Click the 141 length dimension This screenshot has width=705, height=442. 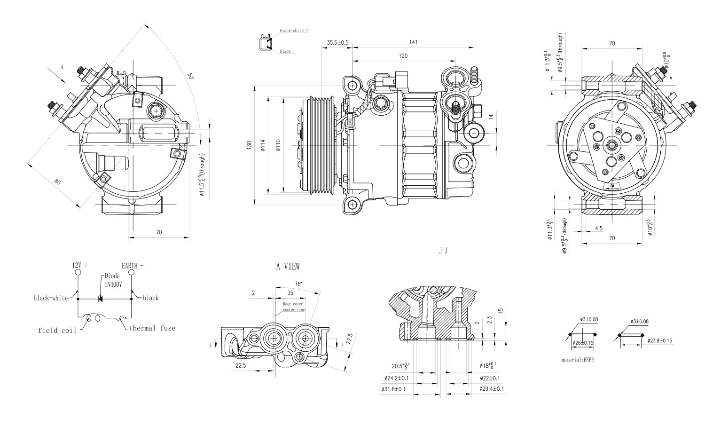413,42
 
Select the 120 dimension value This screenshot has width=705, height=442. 403,56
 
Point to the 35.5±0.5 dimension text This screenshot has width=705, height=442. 337,43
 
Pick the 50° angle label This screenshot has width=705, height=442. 190,76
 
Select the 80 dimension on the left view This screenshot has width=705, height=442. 57,182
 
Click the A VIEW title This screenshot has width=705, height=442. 288,267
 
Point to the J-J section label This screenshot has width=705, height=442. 443,251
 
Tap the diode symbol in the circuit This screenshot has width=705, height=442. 100,298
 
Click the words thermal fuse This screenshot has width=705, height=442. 152,328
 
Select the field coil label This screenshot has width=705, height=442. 57,331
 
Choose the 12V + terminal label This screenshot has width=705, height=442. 79,266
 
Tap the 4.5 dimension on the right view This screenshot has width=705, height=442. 598,228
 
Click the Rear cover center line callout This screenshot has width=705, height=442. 294,307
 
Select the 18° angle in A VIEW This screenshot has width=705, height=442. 298,284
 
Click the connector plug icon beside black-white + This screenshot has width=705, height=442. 265,43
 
